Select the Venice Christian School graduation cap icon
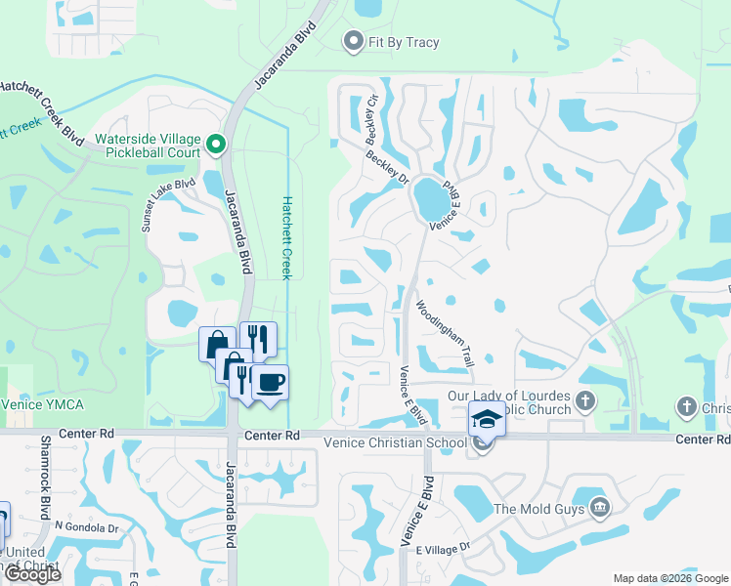[487, 420]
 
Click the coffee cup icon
[270, 382]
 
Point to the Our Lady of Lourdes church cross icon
[585, 401]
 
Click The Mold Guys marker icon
[600, 507]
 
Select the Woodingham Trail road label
[446, 333]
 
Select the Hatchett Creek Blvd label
[41, 111]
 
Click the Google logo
[32, 574]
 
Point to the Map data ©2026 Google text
[670, 578]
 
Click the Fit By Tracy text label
[404, 42]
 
